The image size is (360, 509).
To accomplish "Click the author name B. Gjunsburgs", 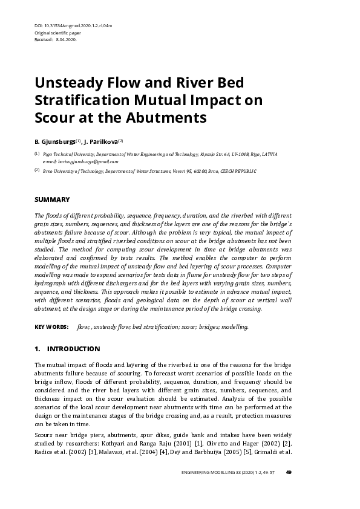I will coord(54,141).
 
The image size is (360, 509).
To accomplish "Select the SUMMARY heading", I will coord(52,199).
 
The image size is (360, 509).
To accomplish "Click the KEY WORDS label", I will coord(51,326).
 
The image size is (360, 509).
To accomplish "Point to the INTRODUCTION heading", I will coord(73,349).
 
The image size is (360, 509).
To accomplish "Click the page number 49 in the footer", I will coord(289,472).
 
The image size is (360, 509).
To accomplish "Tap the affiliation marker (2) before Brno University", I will coord(37,170).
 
